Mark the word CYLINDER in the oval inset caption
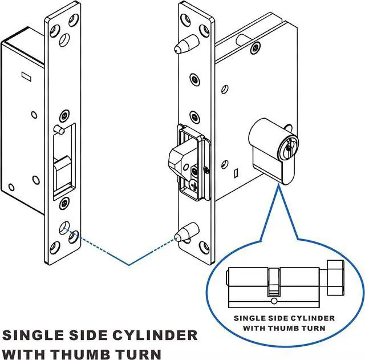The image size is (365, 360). (x=315, y=318)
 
